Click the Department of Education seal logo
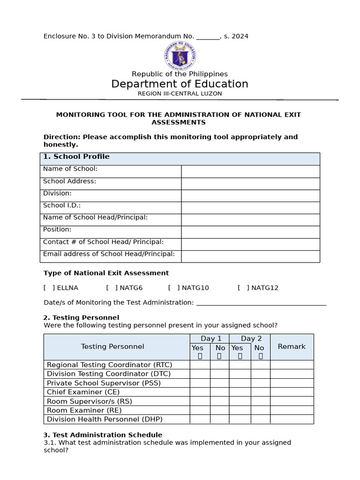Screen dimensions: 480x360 (180, 55)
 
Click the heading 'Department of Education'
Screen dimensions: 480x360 (180, 84)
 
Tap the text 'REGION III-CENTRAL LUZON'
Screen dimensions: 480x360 (180, 94)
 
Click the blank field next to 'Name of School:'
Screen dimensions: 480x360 (250, 172)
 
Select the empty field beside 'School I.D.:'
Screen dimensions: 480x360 (250, 208)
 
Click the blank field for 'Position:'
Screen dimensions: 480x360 (250, 232)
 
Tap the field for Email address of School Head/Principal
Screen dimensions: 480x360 (250, 256)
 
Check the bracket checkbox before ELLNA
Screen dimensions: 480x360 (49, 288)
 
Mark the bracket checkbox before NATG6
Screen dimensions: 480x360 (112, 288)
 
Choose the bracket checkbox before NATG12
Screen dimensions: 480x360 (243, 288)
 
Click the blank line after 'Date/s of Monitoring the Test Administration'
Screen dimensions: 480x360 (261, 302)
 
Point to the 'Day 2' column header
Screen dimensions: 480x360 (251, 338)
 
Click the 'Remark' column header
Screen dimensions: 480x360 (292, 347)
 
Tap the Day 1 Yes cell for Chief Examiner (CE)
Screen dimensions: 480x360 (200, 392)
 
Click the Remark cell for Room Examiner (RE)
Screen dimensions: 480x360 (292, 410)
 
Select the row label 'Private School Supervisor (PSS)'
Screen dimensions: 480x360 (104, 383)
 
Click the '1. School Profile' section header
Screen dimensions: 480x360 (76, 157)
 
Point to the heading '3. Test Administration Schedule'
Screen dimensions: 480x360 (103, 435)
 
